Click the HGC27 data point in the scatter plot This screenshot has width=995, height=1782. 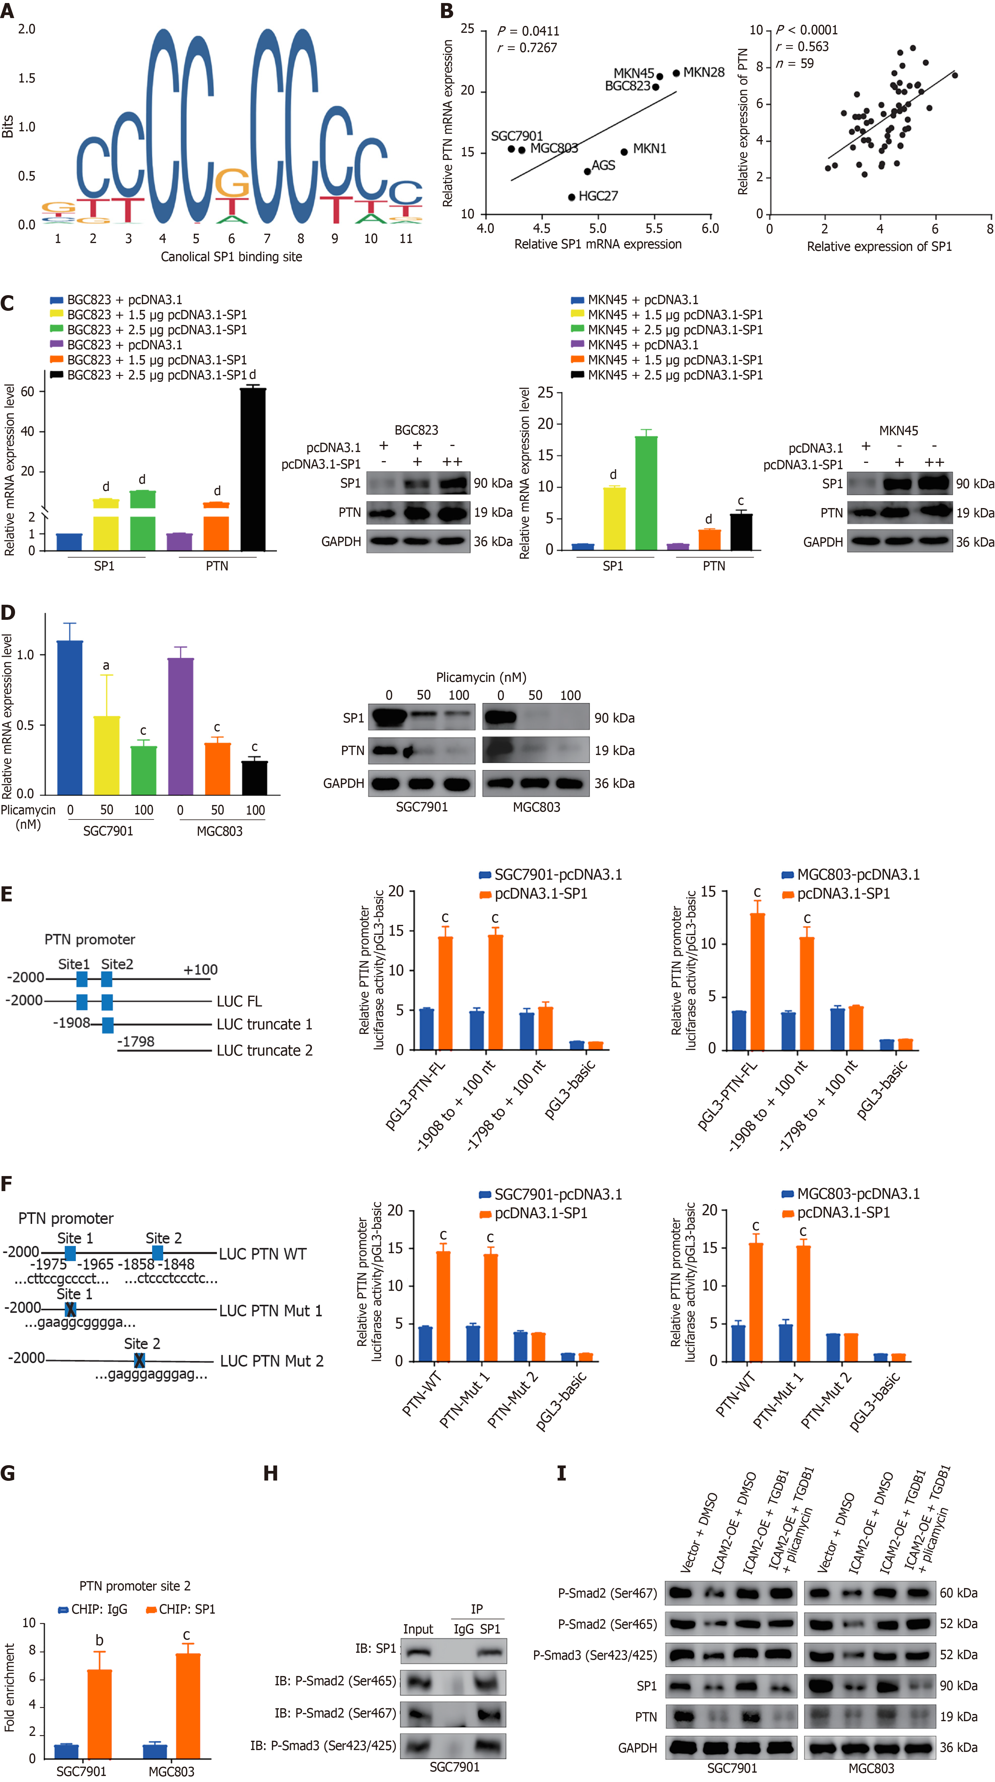coord(571,197)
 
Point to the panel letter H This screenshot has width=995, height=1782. coord(270,1474)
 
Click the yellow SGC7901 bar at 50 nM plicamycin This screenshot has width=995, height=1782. coord(107,754)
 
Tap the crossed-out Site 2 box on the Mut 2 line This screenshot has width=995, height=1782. coord(140,1360)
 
